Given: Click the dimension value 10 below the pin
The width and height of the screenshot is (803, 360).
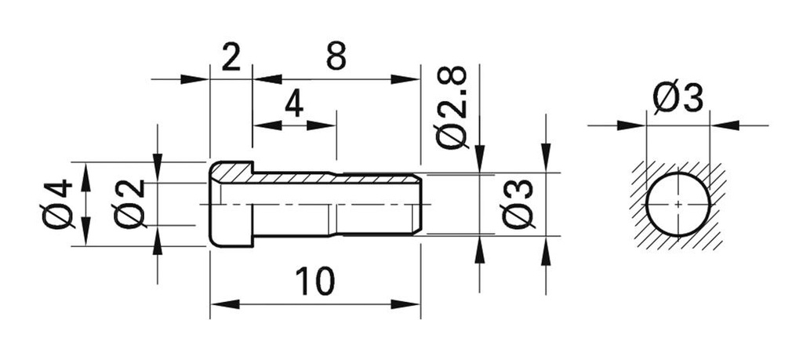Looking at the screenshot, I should coord(314,281).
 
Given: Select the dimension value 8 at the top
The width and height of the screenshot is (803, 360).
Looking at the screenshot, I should coord(335,57).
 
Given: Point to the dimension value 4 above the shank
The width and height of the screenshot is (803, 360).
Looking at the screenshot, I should coord(293,104).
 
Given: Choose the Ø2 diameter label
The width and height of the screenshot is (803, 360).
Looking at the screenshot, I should coord(129,203).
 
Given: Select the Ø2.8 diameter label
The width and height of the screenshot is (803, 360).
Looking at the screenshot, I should coord(452,107).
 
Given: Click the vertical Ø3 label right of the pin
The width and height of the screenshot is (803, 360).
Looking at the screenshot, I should coord(518,203).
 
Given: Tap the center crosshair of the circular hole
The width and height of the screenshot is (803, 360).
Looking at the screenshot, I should coord(678,204).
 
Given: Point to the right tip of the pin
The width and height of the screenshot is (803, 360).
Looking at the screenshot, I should coord(420,204).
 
